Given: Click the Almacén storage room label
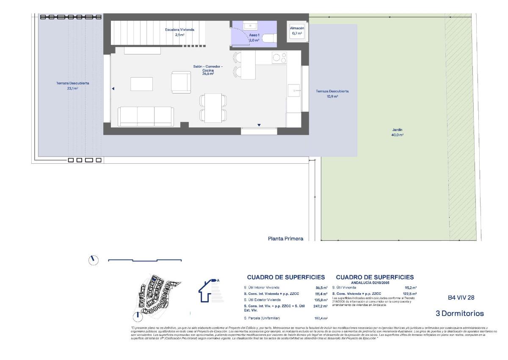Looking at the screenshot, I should [297, 30].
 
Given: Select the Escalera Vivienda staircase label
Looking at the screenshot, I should [179, 32].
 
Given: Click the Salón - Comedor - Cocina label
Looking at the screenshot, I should [208, 70].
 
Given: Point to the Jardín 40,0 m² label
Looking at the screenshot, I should [397, 132].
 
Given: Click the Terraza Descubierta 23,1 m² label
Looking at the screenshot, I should [72, 86].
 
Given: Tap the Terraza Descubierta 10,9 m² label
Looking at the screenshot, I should [332, 93].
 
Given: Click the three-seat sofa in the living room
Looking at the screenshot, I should [146, 116].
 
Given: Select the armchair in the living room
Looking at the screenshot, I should [181, 82].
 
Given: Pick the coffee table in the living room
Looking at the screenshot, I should [141, 84].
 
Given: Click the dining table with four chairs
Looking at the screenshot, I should [213, 107].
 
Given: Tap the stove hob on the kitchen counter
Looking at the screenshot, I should [279, 57].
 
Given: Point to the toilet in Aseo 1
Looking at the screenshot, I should [269, 39].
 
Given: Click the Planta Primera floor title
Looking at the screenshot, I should [285, 239].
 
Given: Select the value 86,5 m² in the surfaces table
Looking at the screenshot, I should [321, 287].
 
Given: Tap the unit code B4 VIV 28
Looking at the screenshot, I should [461, 297].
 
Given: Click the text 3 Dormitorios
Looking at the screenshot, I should [459, 313].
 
